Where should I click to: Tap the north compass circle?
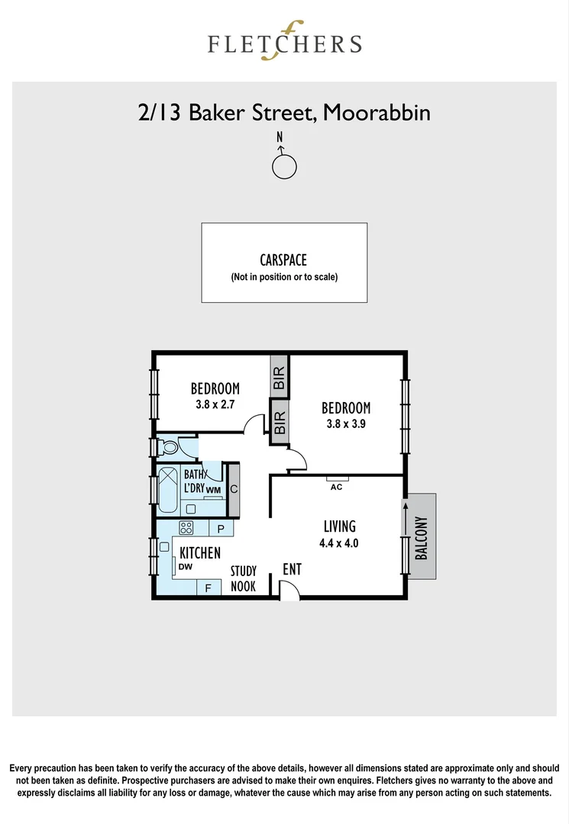(x=284, y=166)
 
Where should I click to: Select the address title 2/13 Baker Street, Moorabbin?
(x=284, y=113)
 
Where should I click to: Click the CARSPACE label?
(x=283, y=260)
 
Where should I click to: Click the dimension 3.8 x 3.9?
(x=345, y=425)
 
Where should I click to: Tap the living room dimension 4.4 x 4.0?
(x=339, y=544)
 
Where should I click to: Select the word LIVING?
(x=339, y=526)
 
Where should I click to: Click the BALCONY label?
(x=421, y=539)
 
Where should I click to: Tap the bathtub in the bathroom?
(x=167, y=488)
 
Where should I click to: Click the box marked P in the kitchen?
(x=221, y=528)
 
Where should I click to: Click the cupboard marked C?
(x=234, y=489)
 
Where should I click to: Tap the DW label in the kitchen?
(x=185, y=567)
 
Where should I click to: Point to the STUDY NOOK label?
(x=244, y=578)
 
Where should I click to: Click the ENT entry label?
(x=292, y=569)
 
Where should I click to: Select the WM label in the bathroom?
(x=213, y=489)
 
